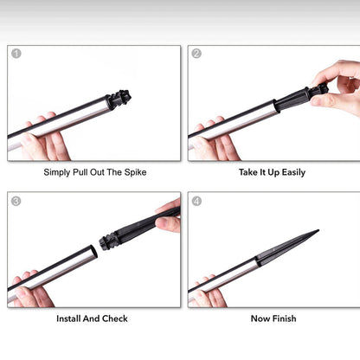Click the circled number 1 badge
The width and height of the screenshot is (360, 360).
click(16, 54)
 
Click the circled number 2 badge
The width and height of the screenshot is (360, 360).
click(196, 54)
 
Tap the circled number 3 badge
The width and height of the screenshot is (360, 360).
click(16, 201)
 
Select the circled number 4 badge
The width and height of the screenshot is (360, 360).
click(196, 201)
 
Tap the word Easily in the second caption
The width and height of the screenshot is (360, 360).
click(293, 172)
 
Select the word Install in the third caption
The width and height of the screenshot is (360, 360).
click(68, 318)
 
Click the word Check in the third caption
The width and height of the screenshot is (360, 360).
click(115, 318)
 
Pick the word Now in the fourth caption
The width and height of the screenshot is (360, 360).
click(260, 318)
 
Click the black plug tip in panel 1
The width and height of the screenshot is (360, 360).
click(119, 99)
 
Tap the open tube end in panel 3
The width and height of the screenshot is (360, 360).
click(93, 251)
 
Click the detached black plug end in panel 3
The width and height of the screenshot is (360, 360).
click(108, 241)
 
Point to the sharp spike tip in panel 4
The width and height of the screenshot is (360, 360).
click(318, 230)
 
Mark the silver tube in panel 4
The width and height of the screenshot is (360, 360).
click(223, 280)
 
